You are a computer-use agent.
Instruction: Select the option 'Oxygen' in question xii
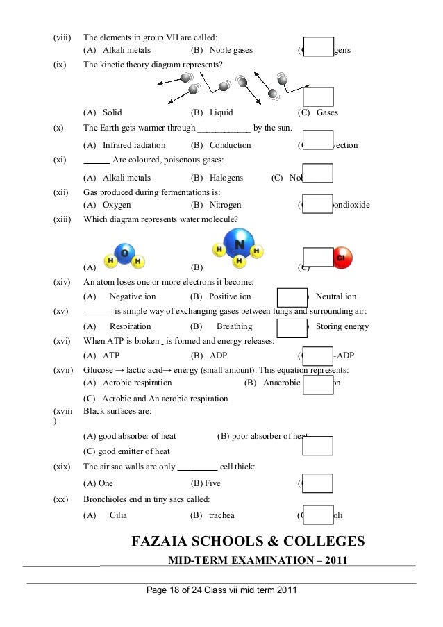[x=117, y=205]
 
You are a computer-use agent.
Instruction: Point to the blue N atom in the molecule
[x=239, y=244]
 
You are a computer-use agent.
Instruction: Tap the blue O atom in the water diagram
[x=124, y=253]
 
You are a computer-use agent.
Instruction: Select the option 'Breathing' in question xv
[x=233, y=326]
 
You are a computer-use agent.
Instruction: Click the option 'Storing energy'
[x=342, y=326]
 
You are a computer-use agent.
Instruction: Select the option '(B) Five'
[x=206, y=483]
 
